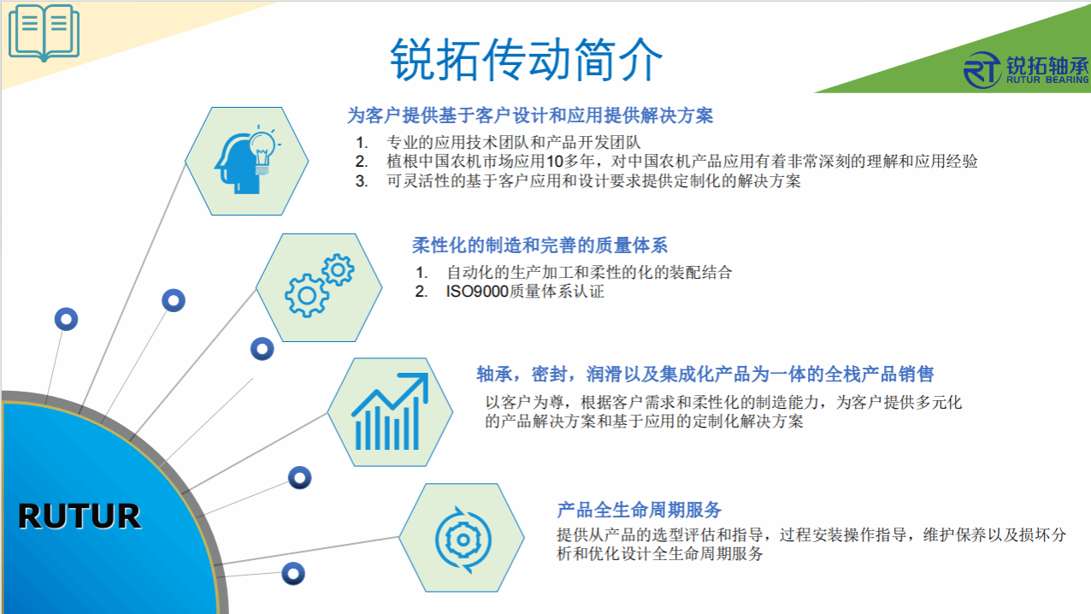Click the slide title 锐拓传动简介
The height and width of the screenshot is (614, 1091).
pyautogui.click(x=526, y=60)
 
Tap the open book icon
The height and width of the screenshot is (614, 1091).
pyautogui.click(x=44, y=32)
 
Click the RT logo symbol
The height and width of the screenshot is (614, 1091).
pyautogui.click(x=982, y=70)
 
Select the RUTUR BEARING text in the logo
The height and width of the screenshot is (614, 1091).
pyautogui.click(x=1047, y=80)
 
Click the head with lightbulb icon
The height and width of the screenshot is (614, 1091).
pyautogui.click(x=247, y=160)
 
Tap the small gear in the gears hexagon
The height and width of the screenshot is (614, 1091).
pyautogui.click(x=338, y=269)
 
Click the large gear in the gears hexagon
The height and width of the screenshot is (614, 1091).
pyautogui.click(x=307, y=295)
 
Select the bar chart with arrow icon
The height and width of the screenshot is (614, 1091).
pyautogui.click(x=390, y=411)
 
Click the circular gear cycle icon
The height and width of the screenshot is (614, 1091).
pyautogui.click(x=463, y=540)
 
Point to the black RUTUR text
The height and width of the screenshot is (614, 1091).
pyautogui.click(x=80, y=516)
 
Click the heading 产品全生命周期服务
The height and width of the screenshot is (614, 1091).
pyautogui.click(x=639, y=510)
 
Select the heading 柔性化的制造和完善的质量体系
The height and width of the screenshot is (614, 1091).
pyautogui.click(x=540, y=245)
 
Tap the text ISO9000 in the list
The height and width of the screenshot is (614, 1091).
pyautogui.click(x=477, y=292)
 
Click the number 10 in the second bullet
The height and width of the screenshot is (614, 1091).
pyautogui.click(x=555, y=162)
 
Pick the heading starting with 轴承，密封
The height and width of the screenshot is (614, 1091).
pyautogui.click(x=705, y=375)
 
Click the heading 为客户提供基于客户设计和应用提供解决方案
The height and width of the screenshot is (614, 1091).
pyautogui.click(x=530, y=115)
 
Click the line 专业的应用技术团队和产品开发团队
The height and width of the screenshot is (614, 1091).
pyautogui.click(x=513, y=142)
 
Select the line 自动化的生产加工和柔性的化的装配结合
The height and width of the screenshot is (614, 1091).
pyautogui.click(x=589, y=272)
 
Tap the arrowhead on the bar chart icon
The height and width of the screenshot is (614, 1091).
pyautogui.click(x=417, y=385)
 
